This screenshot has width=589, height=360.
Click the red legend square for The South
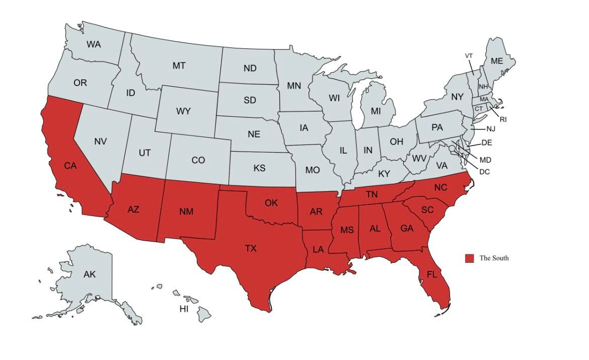click(x=469, y=258)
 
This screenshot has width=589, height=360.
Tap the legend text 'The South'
click(x=494, y=258)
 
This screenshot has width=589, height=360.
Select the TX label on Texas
click(x=251, y=248)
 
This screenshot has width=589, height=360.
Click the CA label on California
click(x=70, y=165)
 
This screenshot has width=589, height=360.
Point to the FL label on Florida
click(x=432, y=274)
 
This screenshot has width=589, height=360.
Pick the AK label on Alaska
click(x=89, y=274)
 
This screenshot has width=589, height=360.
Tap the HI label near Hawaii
click(x=184, y=309)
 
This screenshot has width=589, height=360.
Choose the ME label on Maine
click(x=497, y=61)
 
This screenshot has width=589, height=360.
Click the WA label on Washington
click(x=94, y=44)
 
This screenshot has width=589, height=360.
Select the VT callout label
click(x=469, y=56)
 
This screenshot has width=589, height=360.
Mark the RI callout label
click(x=503, y=119)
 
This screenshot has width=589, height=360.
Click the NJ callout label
click(x=491, y=129)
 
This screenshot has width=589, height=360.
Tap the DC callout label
click(x=484, y=172)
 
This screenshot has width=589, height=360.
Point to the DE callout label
click(x=486, y=143)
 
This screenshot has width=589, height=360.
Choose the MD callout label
click(x=485, y=160)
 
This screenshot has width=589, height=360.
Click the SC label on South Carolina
click(x=427, y=210)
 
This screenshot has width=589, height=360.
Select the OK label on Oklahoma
click(x=271, y=203)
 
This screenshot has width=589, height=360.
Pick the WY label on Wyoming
click(x=183, y=111)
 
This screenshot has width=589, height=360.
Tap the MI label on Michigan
click(x=376, y=111)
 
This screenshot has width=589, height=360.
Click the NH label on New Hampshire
click(x=483, y=87)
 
